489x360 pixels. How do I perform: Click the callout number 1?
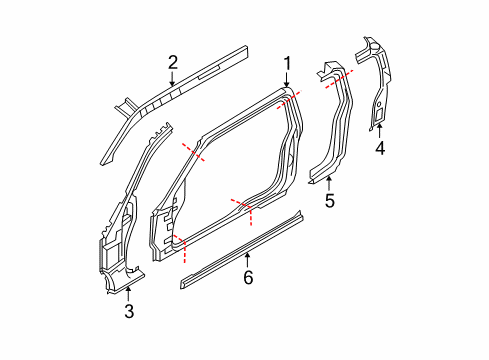pos(287,66)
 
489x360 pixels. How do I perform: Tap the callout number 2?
pos(172,62)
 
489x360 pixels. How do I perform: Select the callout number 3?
pos(129,311)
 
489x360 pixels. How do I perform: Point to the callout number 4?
pos(379,150)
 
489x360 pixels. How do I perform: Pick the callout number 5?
pos(329,200)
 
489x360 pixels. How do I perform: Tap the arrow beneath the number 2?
pos(172,77)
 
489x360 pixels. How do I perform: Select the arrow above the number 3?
pos(129,293)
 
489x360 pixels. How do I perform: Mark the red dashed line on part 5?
pos(338,77)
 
